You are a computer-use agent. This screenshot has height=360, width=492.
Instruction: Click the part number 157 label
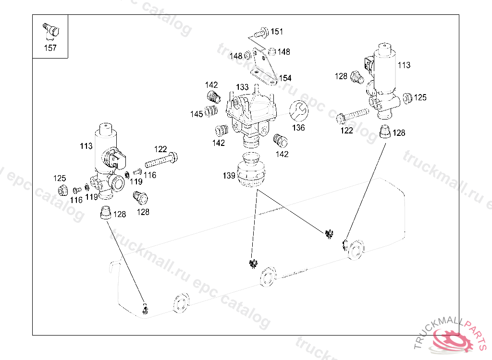pyautogui.click(x=50, y=48)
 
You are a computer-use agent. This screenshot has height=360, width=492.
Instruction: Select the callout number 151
pyautogui.click(x=277, y=32)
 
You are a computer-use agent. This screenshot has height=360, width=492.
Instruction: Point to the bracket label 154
pyautogui.click(x=285, y=78)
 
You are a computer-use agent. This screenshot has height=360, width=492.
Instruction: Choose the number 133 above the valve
pyautogui.click(x=242, y=87)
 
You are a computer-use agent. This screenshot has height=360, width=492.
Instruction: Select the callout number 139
pyautogui.click(x=229, y=176)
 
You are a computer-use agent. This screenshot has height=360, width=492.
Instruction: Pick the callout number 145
pyautogui.click(x=197, y=114)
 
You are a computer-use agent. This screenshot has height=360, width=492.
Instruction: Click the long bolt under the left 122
pyautogui.click(x=160, y=159)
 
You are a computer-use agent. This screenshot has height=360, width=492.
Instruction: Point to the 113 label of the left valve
pyautogui.click(x=86, y=146)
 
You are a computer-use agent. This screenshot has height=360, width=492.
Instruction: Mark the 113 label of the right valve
pyautogui.click(x=404, y=65)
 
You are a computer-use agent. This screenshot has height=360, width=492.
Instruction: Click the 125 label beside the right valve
pyautogui.click(x=420, y=98)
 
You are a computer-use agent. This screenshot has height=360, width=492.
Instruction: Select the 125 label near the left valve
pyautogui.click(x=59, y=179)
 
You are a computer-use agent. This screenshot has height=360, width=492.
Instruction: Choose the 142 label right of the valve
pyautogui.click(x=282, y=154)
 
